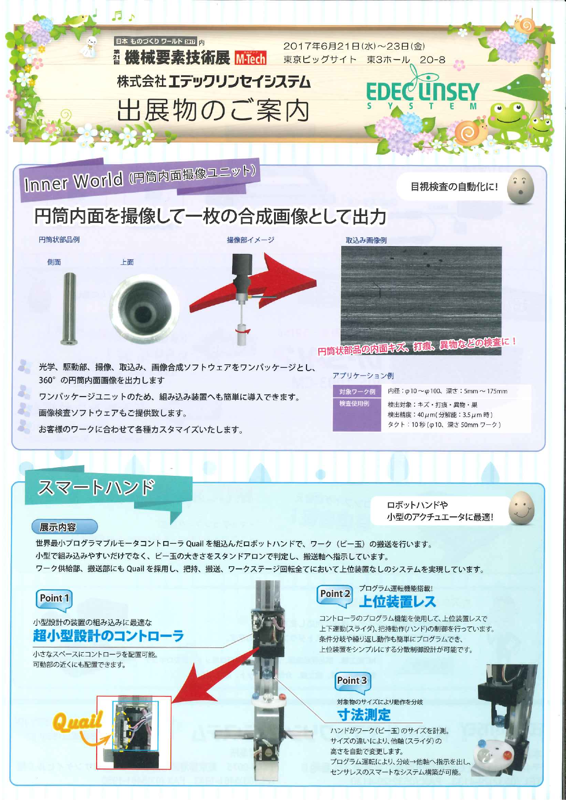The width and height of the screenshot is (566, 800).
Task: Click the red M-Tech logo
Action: [250, 58]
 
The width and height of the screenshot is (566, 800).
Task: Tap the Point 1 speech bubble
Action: [54, 599]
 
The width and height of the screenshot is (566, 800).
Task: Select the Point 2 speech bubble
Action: [335, 595]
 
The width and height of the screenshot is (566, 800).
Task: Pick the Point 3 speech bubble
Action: [352, 681]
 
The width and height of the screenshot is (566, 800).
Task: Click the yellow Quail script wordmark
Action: [77, 721]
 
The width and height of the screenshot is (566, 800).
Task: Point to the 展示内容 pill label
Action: [64, 527]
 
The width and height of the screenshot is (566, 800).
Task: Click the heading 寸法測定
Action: [363, 714]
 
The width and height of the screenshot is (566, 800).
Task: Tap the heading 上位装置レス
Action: [397, 602]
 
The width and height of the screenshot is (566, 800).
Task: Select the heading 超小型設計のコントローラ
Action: [108, 635]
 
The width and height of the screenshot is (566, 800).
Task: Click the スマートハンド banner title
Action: [96, 487]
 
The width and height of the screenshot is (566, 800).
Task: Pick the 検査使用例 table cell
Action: [354, 404]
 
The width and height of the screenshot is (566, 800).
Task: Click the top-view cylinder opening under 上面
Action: [144, 310]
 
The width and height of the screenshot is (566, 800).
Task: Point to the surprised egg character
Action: [521, 187]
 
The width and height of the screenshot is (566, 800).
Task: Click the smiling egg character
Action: [521, 508]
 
